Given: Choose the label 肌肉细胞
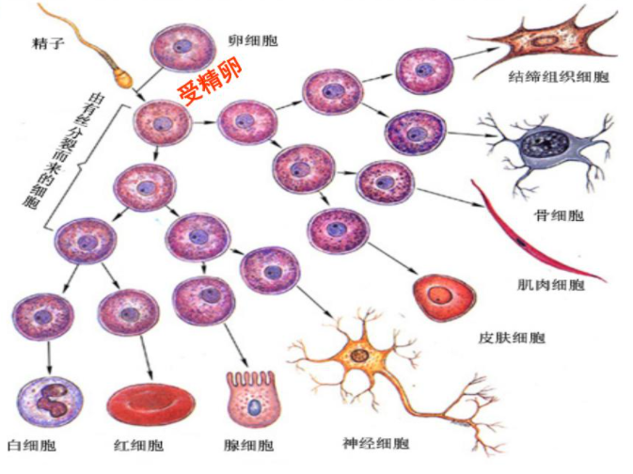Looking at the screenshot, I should pos(550,282).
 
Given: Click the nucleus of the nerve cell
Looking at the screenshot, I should pos(361,355).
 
